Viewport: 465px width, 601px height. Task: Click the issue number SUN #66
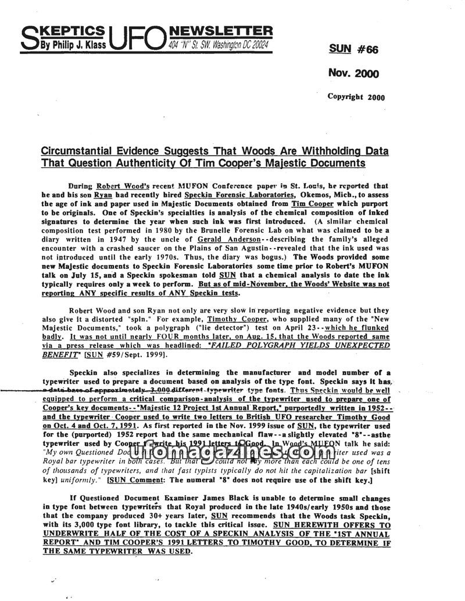click(x=353, y=49)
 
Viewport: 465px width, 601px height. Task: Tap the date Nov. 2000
click(x=353, y=73)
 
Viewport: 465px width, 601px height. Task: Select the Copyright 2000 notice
click(x=356, y=97)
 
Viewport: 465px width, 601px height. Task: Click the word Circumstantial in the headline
click(x=77, y=152)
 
